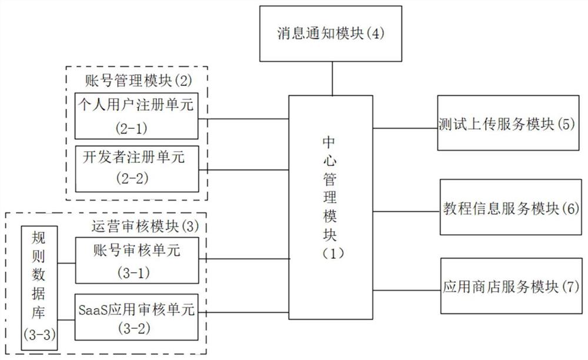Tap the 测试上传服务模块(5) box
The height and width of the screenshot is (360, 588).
point(506,125)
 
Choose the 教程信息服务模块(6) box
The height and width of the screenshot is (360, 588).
point(511,208)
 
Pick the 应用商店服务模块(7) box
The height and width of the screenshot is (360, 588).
point(511,288)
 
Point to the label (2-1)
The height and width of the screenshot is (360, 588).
point(137,126)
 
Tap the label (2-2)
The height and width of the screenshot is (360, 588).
point(136,178)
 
